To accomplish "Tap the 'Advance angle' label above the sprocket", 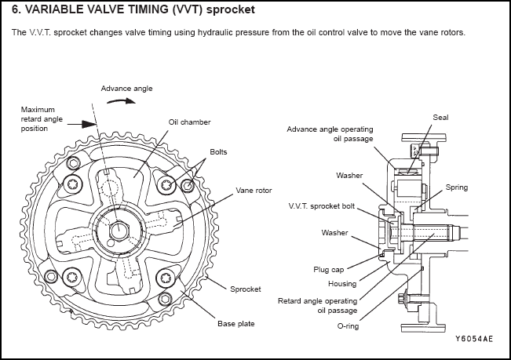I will tap(126, 88).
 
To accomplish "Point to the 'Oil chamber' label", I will tap(188, 122).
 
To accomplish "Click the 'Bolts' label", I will tap(218, 151).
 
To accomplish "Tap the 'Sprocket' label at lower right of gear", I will tap(246, 289).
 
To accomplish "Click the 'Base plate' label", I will tap(236, 322).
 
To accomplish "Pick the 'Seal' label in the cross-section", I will tap(440, 117).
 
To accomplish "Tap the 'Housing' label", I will tap(342, 283).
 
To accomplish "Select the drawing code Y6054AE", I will tap(475, 340).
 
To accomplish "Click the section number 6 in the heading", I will tap(16, 11).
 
